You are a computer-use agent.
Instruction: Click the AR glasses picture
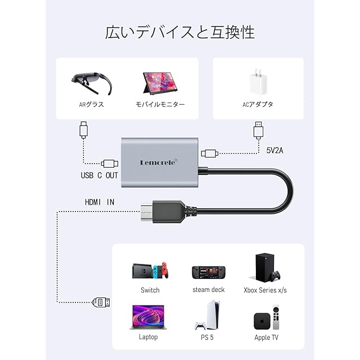pos(92,83)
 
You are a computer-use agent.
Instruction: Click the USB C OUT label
pos(100,175)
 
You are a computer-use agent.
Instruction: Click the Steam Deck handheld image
pos(208,272)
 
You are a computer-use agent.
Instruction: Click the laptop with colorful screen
pos(149,318)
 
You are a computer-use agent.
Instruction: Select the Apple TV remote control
pos(276,318)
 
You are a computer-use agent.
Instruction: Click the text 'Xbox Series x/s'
pos(265,290)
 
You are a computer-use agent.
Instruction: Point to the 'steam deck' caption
pos(208,290)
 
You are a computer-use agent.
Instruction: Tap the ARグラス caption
pos(91,104)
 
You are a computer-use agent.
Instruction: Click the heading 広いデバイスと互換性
pos(180,32)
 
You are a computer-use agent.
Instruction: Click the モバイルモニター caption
pos(160,104)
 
